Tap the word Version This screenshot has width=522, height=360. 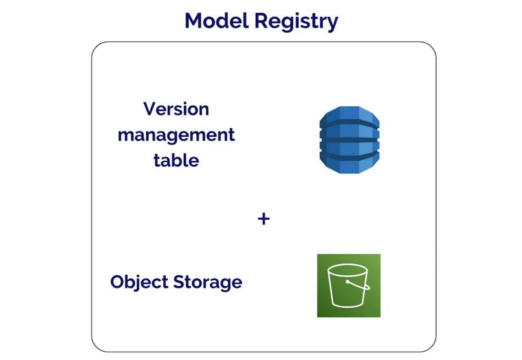tap(176, 109)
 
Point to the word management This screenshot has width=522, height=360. tap(176, 136)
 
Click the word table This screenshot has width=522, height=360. tap(176, 160)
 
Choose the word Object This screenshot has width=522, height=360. tap(139, 282)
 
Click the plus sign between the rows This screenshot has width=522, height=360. tap(264, 219)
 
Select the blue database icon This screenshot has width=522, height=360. tap(349, 140)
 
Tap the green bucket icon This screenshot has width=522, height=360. tap(349, 285)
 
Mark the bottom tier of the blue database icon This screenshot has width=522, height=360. tap(349, 163)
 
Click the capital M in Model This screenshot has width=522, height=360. tap(195, 21)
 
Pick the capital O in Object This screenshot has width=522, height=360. tap(117, 282)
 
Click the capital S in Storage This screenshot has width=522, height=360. tap(179, 282)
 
